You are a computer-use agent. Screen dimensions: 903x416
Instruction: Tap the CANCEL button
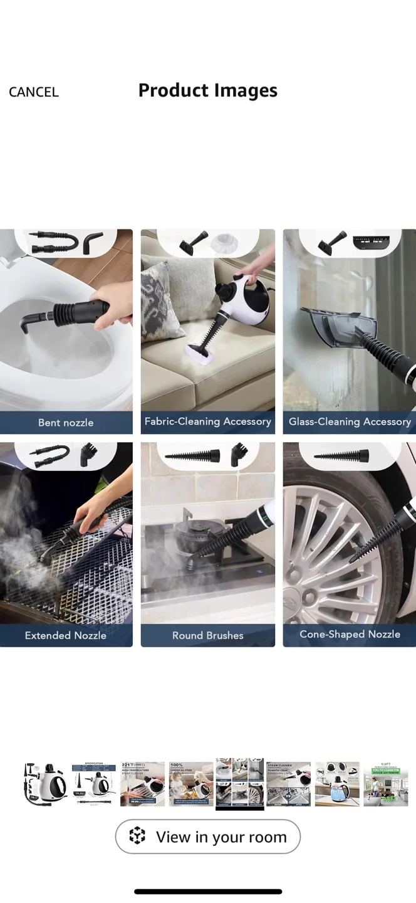pos(34,92)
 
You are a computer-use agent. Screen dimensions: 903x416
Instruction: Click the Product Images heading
pos(207,90)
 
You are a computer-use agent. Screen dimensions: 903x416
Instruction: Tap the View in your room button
pos(207,837)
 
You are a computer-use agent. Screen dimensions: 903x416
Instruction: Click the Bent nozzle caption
pos(66,423)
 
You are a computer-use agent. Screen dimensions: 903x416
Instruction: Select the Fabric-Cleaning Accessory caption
pos(207,422)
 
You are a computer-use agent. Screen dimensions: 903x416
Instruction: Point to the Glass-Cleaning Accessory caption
pos(350,422)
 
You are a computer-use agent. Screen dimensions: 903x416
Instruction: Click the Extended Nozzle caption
pos(66,635)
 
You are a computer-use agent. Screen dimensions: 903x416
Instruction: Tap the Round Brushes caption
pos(207,635)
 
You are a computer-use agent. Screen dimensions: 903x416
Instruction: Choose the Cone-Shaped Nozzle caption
pos(350,635)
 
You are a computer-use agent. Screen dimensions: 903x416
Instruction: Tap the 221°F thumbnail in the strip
pos(142,784)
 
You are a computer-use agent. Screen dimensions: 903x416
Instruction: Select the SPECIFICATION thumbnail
pos(93,784)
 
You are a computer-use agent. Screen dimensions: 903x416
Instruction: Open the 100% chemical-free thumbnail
pos(191,784)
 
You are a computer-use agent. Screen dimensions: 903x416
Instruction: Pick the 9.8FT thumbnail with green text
pos(385,784)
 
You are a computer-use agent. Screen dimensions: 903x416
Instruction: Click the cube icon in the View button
pos(137,837)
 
